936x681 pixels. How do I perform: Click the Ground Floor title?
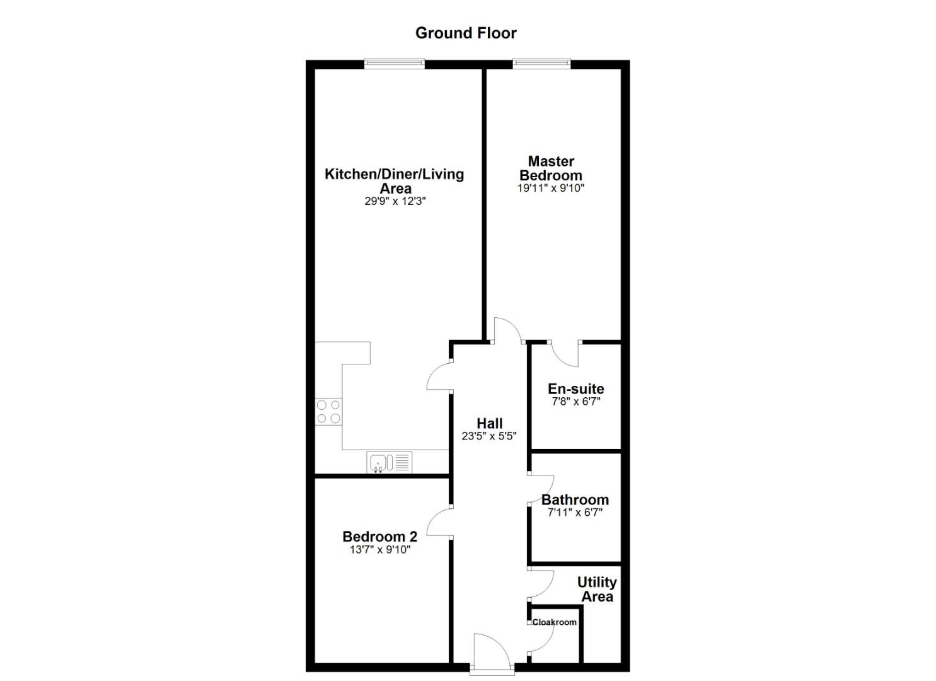[466, 33]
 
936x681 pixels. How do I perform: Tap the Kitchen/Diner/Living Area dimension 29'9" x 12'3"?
[395, 202]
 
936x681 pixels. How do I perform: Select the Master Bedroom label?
[551, 168]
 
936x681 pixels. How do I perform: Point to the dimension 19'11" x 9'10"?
[551, 189]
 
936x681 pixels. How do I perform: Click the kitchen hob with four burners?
[328, 411]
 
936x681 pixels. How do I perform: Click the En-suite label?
[575, 388]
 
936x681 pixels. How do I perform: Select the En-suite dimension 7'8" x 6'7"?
[575, 402]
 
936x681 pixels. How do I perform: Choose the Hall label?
[489, 423]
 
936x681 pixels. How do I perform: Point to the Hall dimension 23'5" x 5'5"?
[489, 436]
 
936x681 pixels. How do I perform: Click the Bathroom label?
[575, 500]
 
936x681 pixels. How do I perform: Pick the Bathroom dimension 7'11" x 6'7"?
[575, 513]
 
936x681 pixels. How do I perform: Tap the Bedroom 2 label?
[379, 537]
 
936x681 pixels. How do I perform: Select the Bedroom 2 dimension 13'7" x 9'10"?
[379, 550]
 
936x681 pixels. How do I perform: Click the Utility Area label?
[597, 590]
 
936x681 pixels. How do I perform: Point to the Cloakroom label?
[555, 622]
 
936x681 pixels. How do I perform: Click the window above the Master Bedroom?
[541, 63]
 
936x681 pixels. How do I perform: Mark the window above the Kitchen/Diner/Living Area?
[395, 63]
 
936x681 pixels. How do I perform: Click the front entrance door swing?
[490, 650]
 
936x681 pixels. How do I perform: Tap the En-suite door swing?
[565, 354]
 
